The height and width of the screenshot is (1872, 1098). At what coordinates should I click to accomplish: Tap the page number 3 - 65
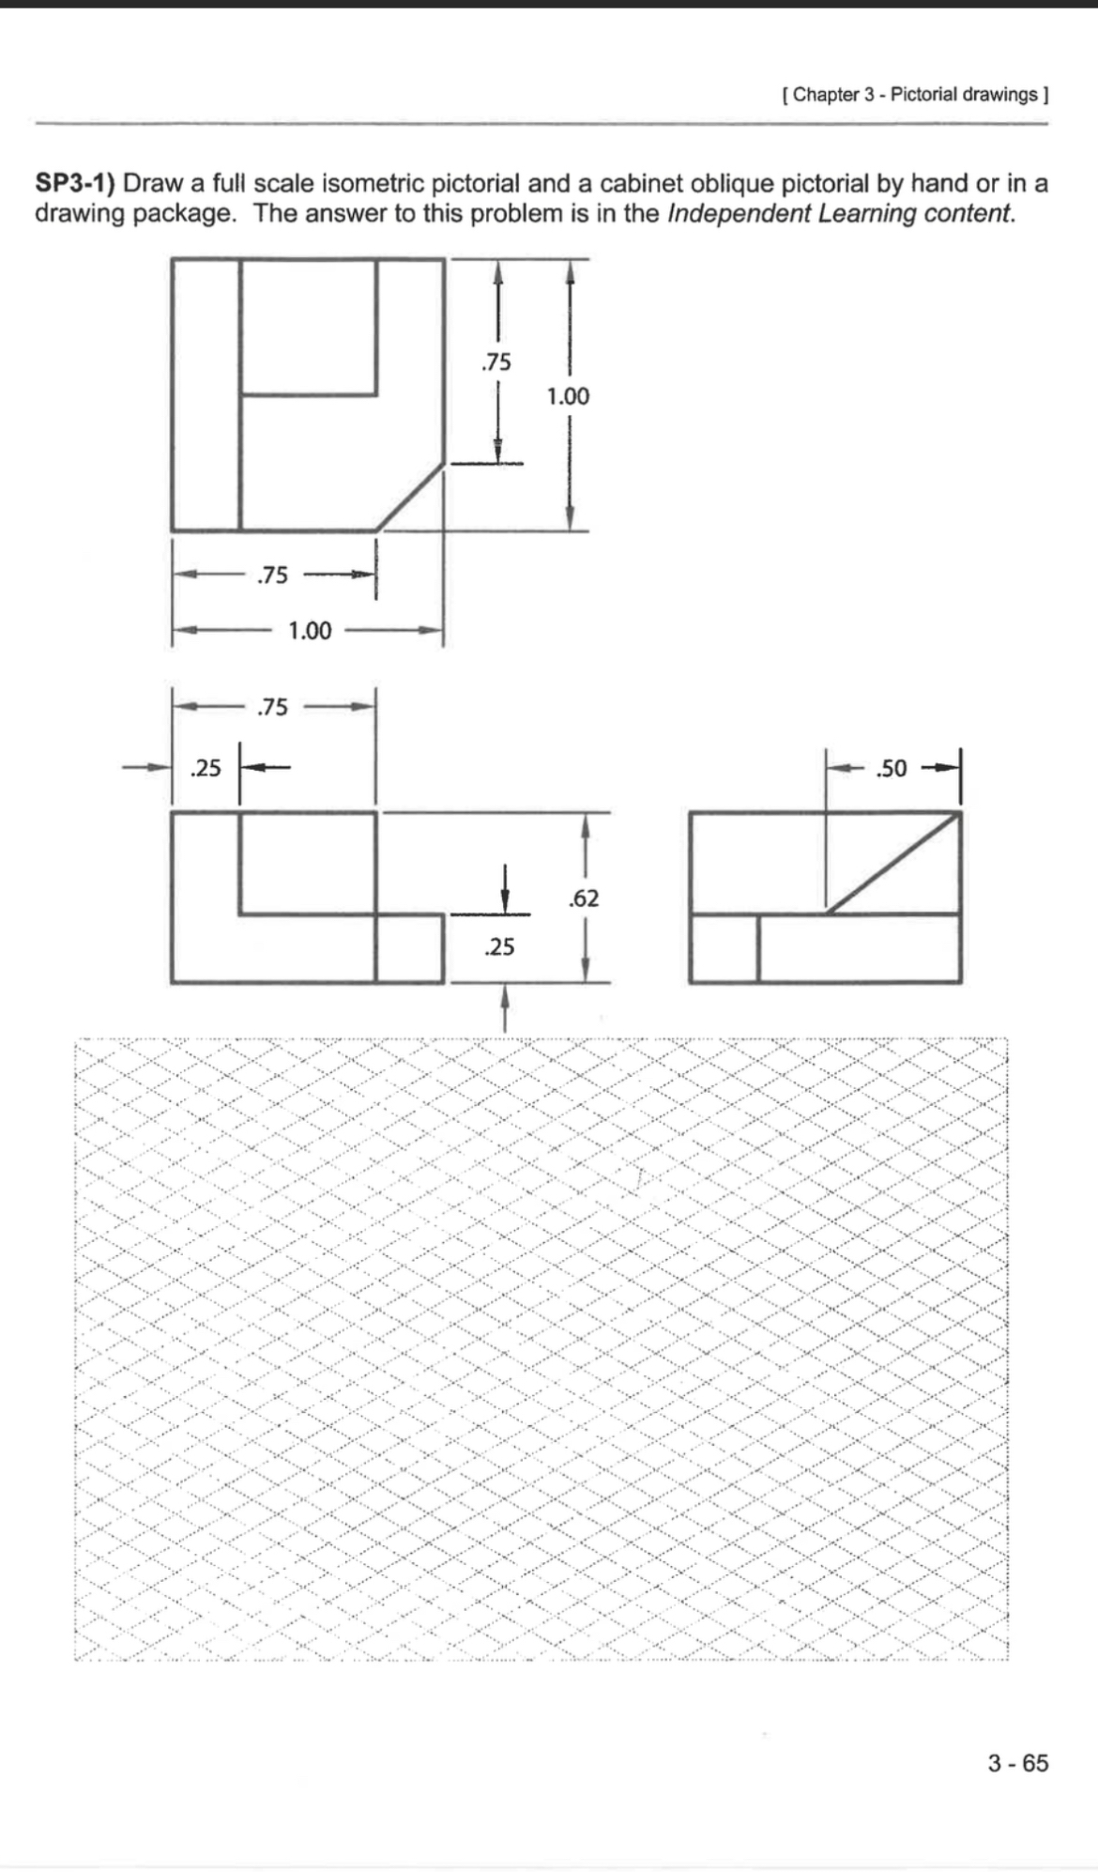point(1017,1763)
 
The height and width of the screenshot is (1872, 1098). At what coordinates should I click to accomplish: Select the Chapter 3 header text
point(915,95)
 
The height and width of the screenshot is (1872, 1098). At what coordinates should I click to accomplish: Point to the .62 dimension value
point(584,898)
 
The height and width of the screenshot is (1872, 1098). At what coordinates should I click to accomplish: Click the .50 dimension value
point(891,769)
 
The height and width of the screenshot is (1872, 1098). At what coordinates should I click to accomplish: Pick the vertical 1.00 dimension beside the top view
point(568,396)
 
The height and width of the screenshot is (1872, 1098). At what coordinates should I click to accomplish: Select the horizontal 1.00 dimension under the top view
point(310,631)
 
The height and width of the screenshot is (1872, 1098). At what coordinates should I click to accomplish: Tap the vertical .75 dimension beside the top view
point(496,361)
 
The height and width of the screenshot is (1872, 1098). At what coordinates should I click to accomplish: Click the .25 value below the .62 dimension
point(499,946)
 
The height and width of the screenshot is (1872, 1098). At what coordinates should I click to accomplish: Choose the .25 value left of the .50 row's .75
point(206,768)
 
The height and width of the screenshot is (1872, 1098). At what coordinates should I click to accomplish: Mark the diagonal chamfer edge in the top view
point(410,496)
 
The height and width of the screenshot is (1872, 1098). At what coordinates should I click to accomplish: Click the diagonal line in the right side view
point(893,863)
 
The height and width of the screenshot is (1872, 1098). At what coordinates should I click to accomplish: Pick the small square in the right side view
point(724,948)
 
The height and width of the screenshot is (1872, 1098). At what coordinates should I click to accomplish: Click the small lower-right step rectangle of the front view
point(409,948)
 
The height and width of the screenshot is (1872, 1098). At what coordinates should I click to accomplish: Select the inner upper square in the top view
point(309,327)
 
